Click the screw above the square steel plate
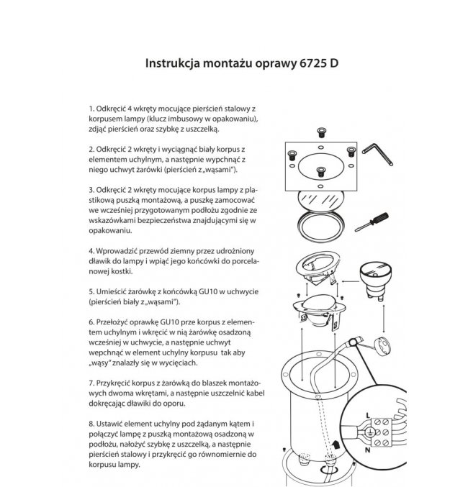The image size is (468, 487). point(322,131)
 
